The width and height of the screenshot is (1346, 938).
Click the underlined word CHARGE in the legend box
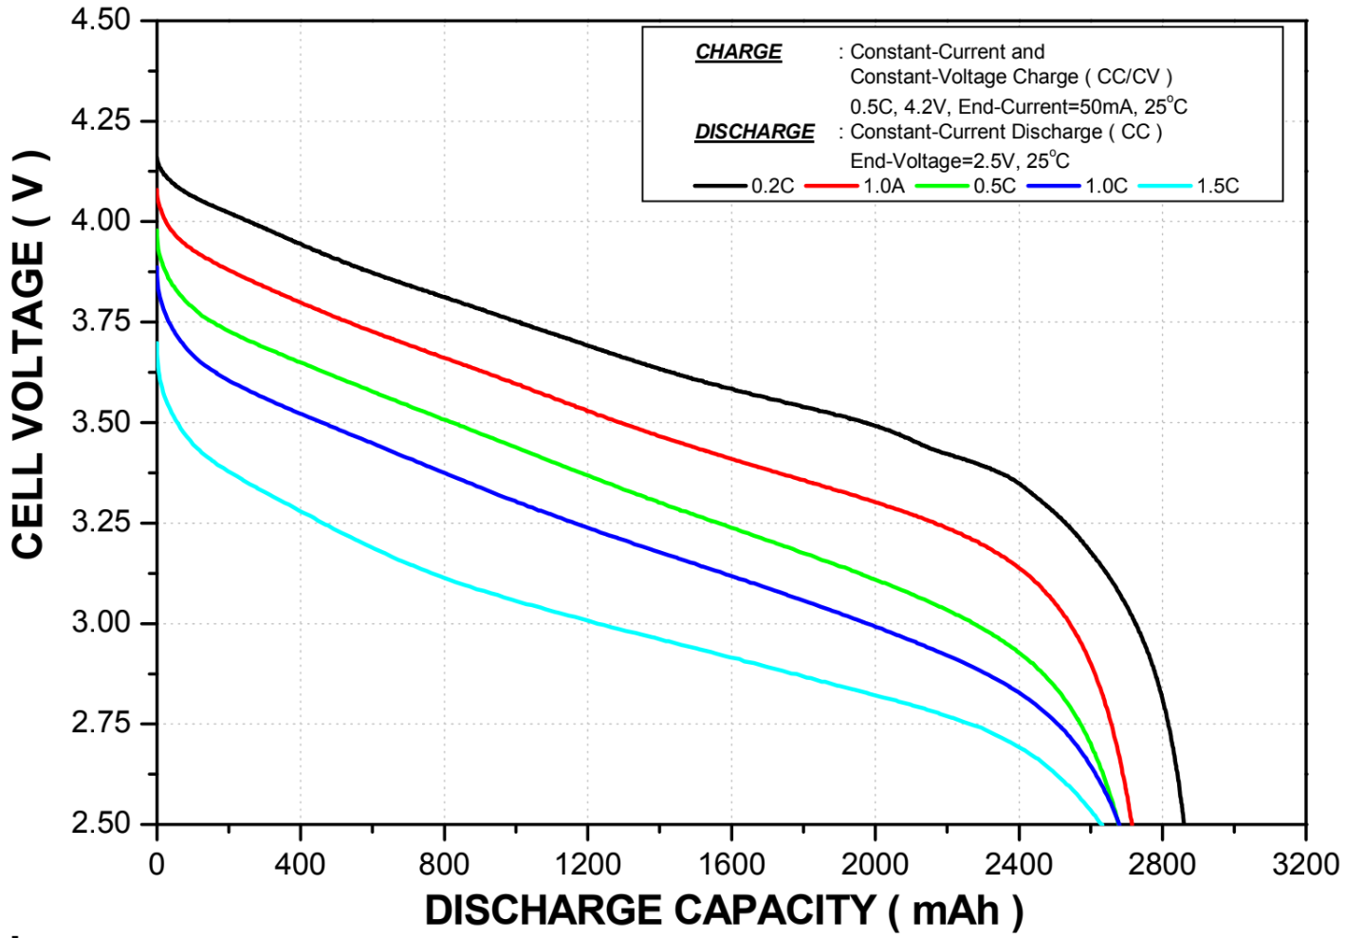738,52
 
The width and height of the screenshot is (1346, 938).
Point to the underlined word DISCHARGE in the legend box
754,132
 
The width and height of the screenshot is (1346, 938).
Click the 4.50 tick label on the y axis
101,20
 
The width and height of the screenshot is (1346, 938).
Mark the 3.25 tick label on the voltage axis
101,523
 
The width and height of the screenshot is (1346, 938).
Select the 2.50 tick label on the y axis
101,822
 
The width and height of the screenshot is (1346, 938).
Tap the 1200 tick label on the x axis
587,864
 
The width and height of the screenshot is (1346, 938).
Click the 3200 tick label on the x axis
1305,864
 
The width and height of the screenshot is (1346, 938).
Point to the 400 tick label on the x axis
300,864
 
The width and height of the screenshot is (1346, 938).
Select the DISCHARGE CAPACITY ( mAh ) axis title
723,910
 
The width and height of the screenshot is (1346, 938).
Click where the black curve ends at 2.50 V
1183,821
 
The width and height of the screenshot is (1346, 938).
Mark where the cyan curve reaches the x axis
1100,821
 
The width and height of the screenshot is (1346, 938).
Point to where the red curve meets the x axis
1132,821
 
